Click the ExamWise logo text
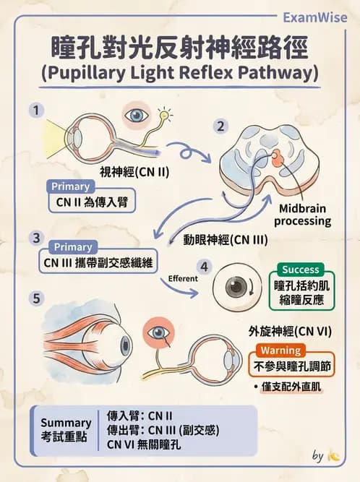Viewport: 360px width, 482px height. point(314,18)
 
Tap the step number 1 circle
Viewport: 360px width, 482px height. point(36,111)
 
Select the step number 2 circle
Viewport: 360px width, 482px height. point(220,126)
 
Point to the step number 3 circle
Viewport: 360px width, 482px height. point(36,238)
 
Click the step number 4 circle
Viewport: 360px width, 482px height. point(204,267)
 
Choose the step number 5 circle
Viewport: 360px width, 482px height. point(36,298)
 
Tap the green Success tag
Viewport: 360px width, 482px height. point(300,270)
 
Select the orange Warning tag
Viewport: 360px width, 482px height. point(280,350)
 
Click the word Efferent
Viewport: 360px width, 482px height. point(183,278)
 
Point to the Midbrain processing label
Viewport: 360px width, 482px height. point(302,215)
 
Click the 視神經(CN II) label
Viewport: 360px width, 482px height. point(134,172)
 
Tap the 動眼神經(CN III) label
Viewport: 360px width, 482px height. point(226,240)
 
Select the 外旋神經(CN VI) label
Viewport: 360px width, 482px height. point(290,332)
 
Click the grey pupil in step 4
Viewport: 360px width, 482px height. point(235,287)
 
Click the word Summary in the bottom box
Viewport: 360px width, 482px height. point(66,423)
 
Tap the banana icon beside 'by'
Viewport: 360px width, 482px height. point(333,455)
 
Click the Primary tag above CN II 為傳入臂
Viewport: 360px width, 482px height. point(70,186)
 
